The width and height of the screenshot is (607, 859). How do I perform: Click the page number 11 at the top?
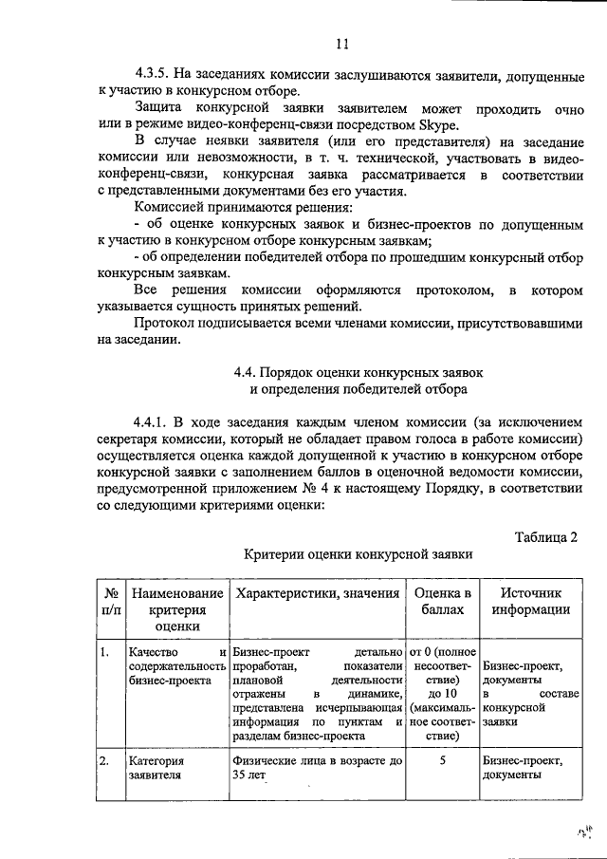pos(342,41)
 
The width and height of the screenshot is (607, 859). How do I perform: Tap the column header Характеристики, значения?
pos(317,593)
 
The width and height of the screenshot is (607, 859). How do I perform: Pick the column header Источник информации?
pos(530,601)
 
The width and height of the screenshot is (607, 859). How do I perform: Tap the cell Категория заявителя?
pos(157,768)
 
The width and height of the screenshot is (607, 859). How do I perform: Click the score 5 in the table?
pos(442,761)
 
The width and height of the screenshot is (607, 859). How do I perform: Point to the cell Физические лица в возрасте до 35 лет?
pos(317,768)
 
